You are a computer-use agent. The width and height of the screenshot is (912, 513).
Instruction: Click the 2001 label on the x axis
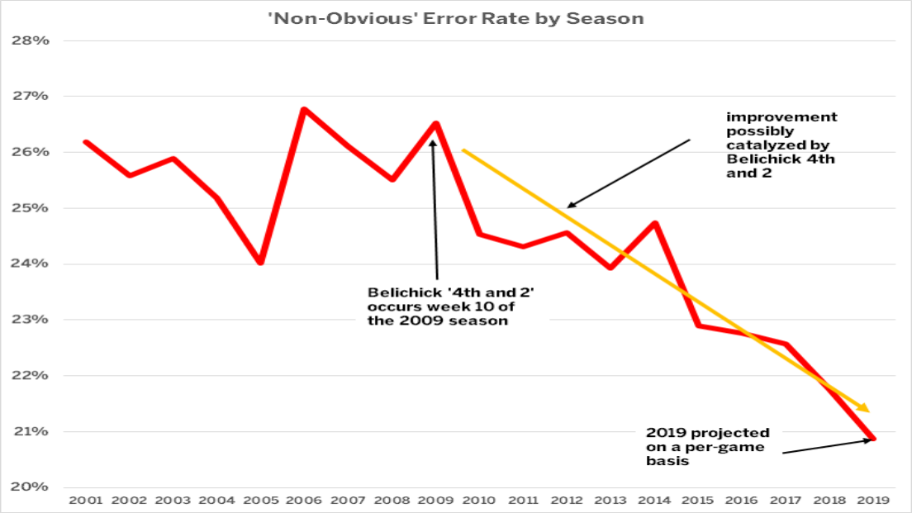(x=85, y=500)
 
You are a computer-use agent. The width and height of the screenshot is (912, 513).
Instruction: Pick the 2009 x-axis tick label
(x=435, y=500)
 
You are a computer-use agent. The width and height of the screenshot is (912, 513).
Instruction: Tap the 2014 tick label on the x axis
(x=654, y=500)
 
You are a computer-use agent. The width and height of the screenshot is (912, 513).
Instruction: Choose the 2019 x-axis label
(x=873, y=500)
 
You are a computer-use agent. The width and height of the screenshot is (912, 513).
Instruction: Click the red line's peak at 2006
(x=304, y=109)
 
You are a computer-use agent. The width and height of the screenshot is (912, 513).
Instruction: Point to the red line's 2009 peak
(x=435, y=124)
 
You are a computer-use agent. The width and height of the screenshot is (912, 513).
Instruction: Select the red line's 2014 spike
(x=654, y=223)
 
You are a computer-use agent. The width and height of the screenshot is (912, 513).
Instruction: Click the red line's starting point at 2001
(x=85, y=142)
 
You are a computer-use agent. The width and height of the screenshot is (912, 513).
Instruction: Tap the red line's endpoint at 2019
(x=873, y=439)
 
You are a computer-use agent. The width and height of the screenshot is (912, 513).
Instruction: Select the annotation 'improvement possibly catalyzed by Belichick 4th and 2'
(x=781, y=145)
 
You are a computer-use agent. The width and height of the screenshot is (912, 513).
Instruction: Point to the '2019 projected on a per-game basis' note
(x=707, y=447)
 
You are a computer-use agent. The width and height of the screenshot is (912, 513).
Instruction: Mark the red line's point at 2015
(x=698, y=325)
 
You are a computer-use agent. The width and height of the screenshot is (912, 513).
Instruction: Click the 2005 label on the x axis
(x=260, y=500)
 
